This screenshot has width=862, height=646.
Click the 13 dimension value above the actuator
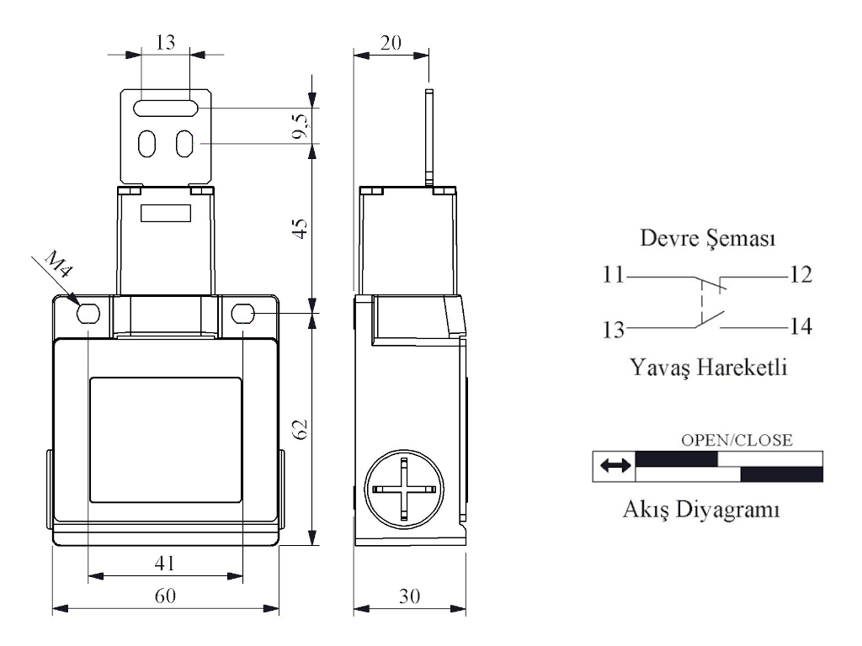coord(165,42)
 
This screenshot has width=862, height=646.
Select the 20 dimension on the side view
coord(391,43)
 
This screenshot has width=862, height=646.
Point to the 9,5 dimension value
coord(301,126)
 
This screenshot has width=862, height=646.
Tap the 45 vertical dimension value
coord(300,228)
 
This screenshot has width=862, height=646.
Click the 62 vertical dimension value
coord(300,429)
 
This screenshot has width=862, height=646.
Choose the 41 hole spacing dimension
coord(165,563)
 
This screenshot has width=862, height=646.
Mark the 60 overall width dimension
coord(165,596)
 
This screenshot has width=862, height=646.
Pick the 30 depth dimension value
coord(410,596)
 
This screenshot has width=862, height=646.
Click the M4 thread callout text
coord(58,263)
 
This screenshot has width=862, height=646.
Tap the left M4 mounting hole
coord(88,314)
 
